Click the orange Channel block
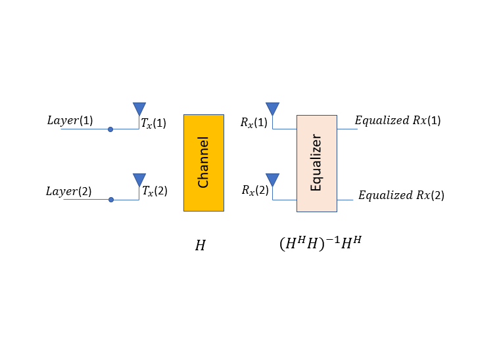[204, 163]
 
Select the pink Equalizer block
[317, 164]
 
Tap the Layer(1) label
[70, 120]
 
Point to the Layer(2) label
[69, 191]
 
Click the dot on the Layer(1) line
[110, 129]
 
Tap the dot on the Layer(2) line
[111, 200]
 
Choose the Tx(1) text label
[153, 123]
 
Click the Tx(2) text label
[154, 191]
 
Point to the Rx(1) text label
[254, 122]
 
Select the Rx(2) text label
[255, 190]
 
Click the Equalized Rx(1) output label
[398, 120]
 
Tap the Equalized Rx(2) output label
[401, 195]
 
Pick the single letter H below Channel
[200, 246]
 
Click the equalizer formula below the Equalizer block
[320, 244]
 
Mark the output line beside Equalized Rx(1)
[347, 129]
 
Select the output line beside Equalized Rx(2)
[345, 200]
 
